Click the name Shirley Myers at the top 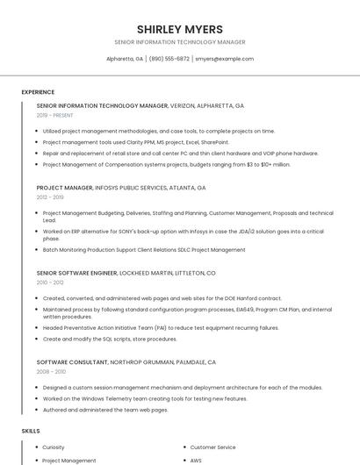(179, 29)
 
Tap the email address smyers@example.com (224, 59)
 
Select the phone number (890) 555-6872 (169, 59)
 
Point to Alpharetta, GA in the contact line (125, 59)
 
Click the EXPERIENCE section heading (38, 91)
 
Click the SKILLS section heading (31, 431)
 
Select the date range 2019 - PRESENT (55, 115)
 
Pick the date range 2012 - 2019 (50, 197)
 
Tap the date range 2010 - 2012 (50, 283)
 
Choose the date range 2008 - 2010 (51, 372)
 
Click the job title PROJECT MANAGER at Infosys (65, 188)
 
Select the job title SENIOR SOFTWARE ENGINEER (76, 273)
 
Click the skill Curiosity (54, 447)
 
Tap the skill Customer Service (212, 447)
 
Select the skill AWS (196, 461)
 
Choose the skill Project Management (69, 461)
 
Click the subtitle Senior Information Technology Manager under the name (179, 42)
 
